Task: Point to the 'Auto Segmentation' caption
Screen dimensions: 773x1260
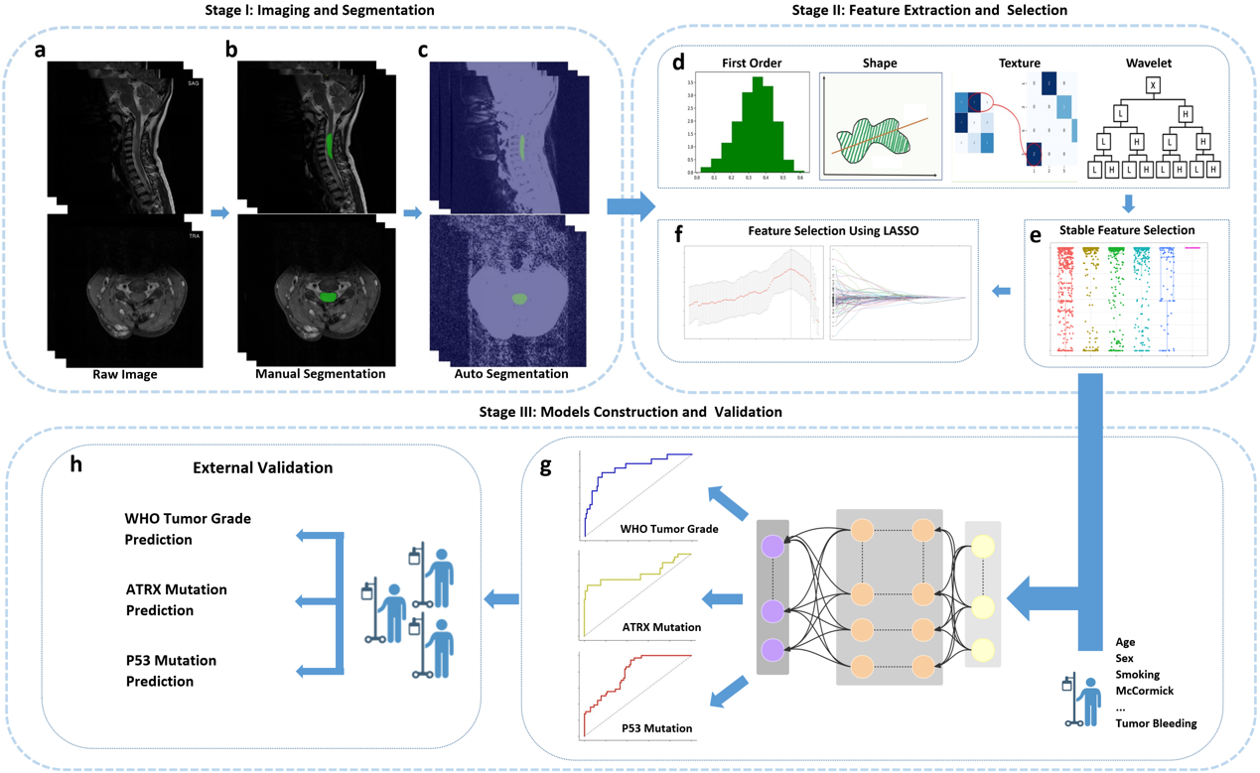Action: click(510, 374)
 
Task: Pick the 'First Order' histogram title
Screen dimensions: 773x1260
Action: click(751, 63)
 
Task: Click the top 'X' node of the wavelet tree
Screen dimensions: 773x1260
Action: click(1154, 86)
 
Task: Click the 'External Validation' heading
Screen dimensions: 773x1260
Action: click(262, 467)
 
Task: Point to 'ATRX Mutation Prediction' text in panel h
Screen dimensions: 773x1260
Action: click(176, 599)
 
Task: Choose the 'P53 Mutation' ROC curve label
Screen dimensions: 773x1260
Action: click(656, 728)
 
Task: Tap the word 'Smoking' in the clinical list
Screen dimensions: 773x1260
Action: click(1137, 675)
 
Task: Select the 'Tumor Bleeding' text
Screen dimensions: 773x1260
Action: click(1156, 723)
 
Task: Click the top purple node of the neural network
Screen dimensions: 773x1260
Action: click(772, 546)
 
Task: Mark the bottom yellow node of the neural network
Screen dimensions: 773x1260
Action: click(983, 650)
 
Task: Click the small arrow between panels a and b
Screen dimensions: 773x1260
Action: click(219, 212)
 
